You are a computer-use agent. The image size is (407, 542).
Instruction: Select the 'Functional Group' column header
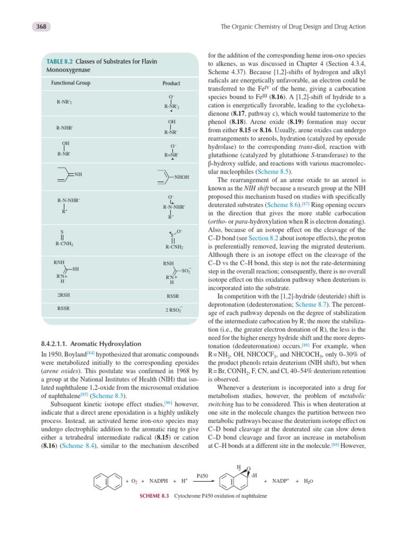tap(70, 83)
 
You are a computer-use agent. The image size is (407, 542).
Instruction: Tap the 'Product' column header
tap(171, 84)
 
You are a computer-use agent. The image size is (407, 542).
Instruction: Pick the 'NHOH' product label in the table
tap(181, 178)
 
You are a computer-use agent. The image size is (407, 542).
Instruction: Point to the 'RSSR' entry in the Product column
tap(173, 297)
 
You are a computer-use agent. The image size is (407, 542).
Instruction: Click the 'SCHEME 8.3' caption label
tap(153, 495)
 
